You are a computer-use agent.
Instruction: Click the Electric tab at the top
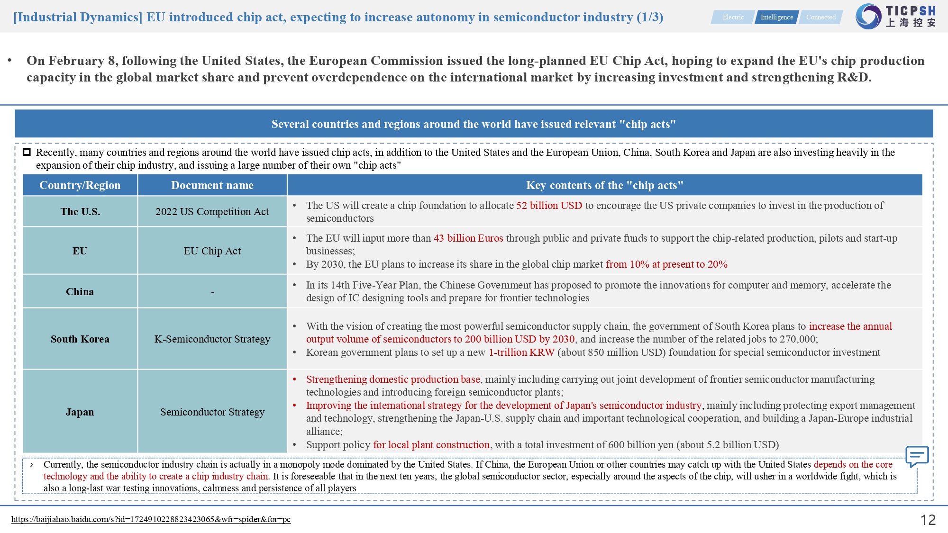733,17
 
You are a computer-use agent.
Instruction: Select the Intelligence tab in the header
776,17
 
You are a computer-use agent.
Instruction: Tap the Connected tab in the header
820,17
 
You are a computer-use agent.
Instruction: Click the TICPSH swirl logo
868,17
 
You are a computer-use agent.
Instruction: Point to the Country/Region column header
80,185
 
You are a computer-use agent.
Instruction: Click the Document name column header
212,185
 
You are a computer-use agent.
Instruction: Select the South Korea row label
80,339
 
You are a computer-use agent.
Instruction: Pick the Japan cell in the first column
80,412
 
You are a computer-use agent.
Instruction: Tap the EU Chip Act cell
212,251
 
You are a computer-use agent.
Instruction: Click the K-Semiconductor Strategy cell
212,339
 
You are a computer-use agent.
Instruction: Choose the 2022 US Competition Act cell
212,212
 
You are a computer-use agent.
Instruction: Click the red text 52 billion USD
549,206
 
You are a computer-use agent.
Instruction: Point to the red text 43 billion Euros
468,238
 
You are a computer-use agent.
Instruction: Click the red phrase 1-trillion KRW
521,352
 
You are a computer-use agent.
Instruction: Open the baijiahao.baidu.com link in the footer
151,519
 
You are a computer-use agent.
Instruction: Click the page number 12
928,520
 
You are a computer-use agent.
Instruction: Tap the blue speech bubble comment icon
917,456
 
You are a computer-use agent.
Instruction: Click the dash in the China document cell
212,292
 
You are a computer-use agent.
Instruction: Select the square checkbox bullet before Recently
27,152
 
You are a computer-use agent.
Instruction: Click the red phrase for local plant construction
431,445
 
